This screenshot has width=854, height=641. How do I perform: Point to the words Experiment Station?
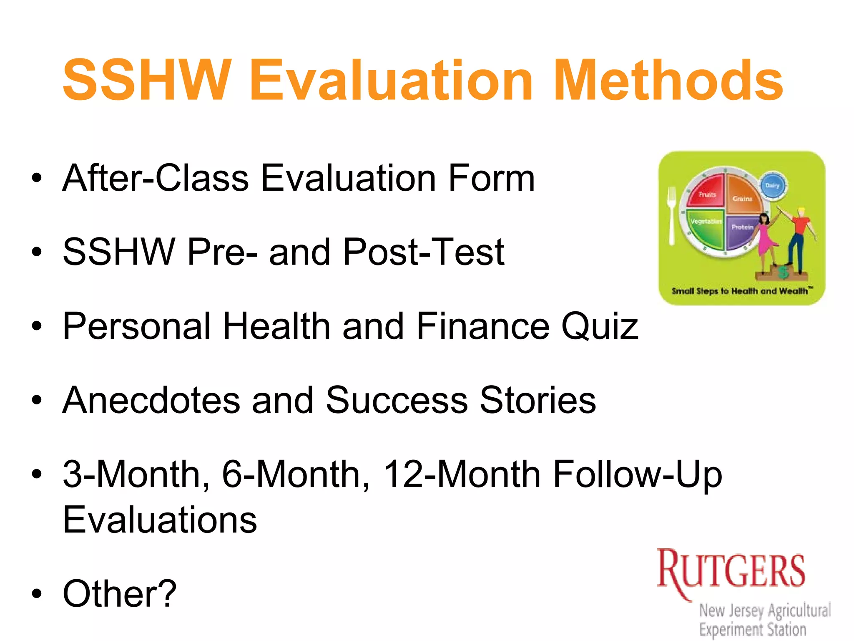pyautogui.click(x=753, y=629)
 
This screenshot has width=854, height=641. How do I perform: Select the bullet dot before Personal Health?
pyautogui.click(x=37, y=326)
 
